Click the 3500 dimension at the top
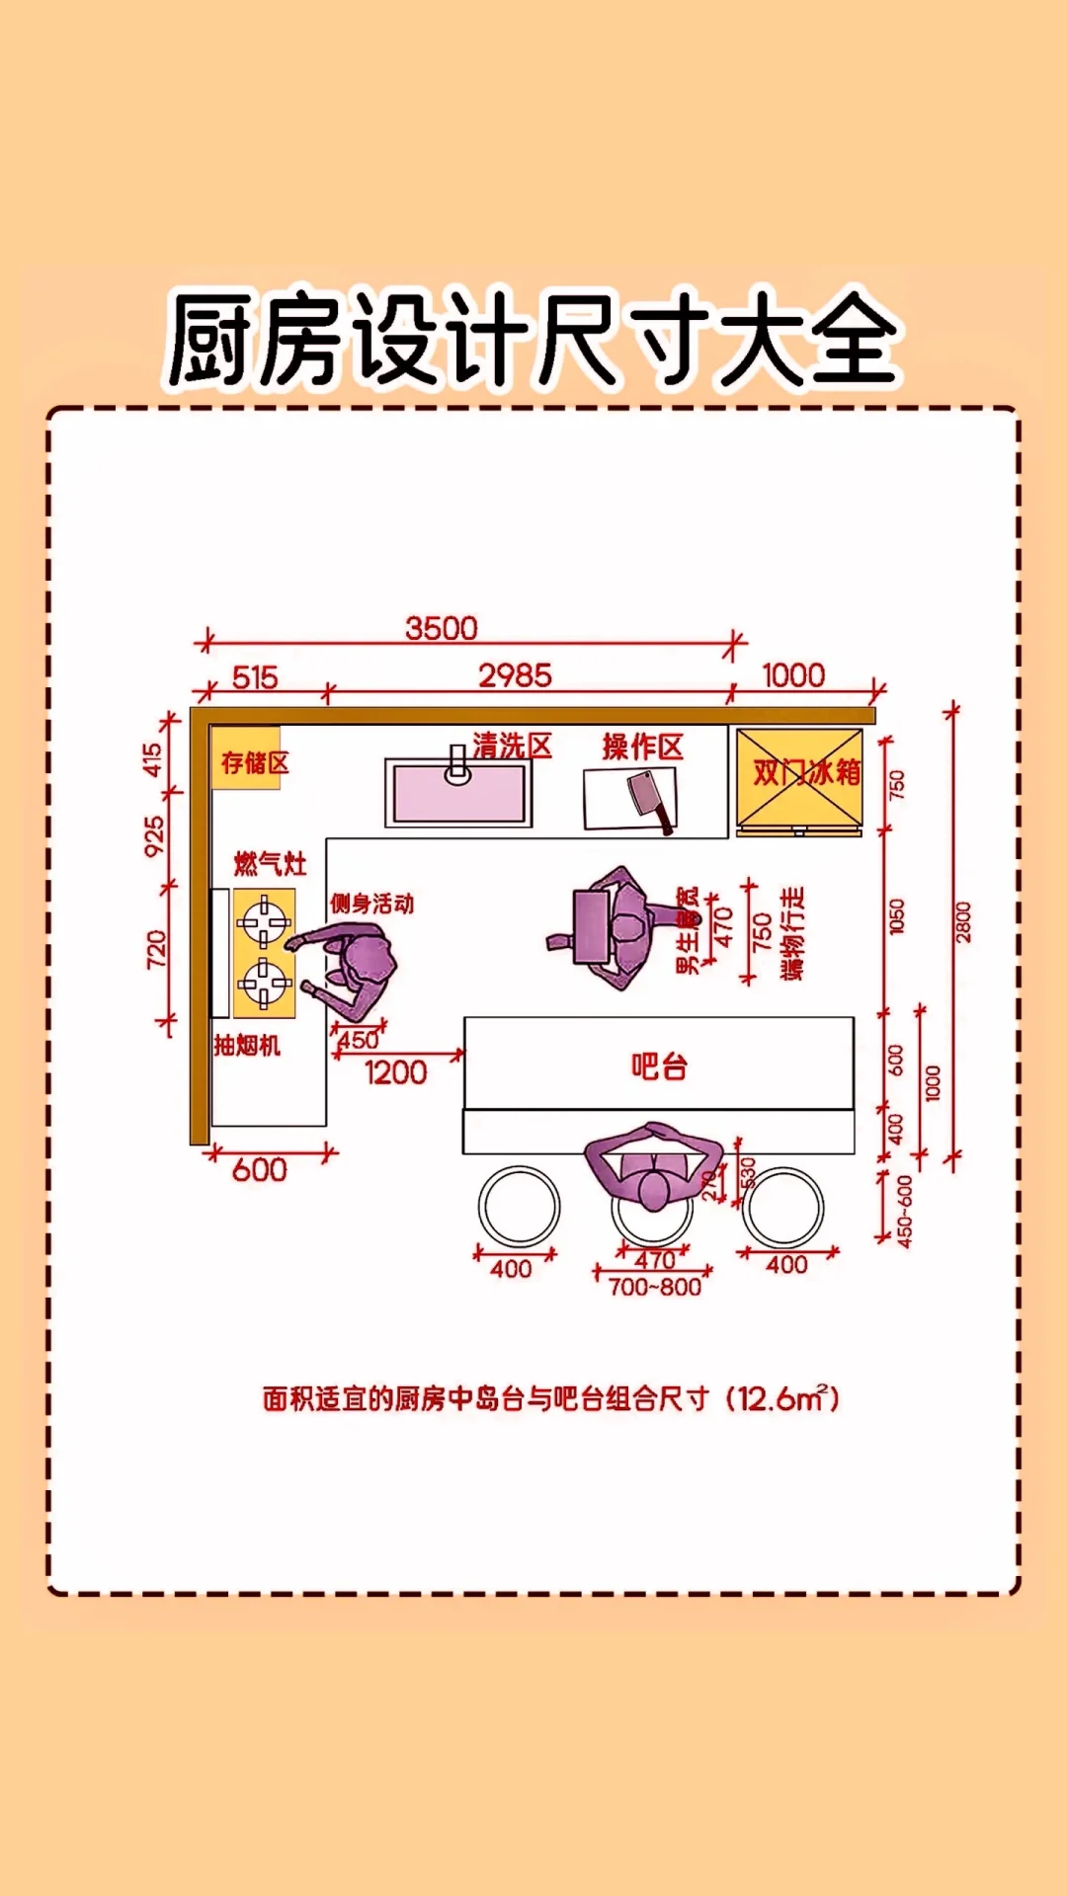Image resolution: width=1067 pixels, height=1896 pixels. (x=441, y=628)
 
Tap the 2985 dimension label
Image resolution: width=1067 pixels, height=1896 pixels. (x=515, y=675)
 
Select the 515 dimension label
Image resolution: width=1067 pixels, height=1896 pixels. (x=255, y=677)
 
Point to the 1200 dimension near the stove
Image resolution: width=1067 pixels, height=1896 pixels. (x=395, y=1072)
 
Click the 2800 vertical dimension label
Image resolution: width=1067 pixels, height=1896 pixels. (x=963, y=922)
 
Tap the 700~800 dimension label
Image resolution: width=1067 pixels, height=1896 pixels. (x=654, y=1287)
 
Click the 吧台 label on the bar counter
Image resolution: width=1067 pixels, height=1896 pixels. (x=659, y=1066)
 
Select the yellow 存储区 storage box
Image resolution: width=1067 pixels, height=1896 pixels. (x=247, y=759)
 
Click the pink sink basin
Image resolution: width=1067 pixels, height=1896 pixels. (x=458, y=794)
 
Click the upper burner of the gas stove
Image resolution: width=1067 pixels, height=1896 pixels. (x=264, y=923)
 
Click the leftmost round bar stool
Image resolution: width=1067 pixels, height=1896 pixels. (x=519, y=1206)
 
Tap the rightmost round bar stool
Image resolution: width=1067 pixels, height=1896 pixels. (x=783, y=1206)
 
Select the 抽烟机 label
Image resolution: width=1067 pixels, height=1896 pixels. (x=247, y=1046)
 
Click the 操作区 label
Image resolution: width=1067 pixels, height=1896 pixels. (x=642, y=747)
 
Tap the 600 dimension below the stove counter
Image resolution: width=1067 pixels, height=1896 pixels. (x=259, y=1170)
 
